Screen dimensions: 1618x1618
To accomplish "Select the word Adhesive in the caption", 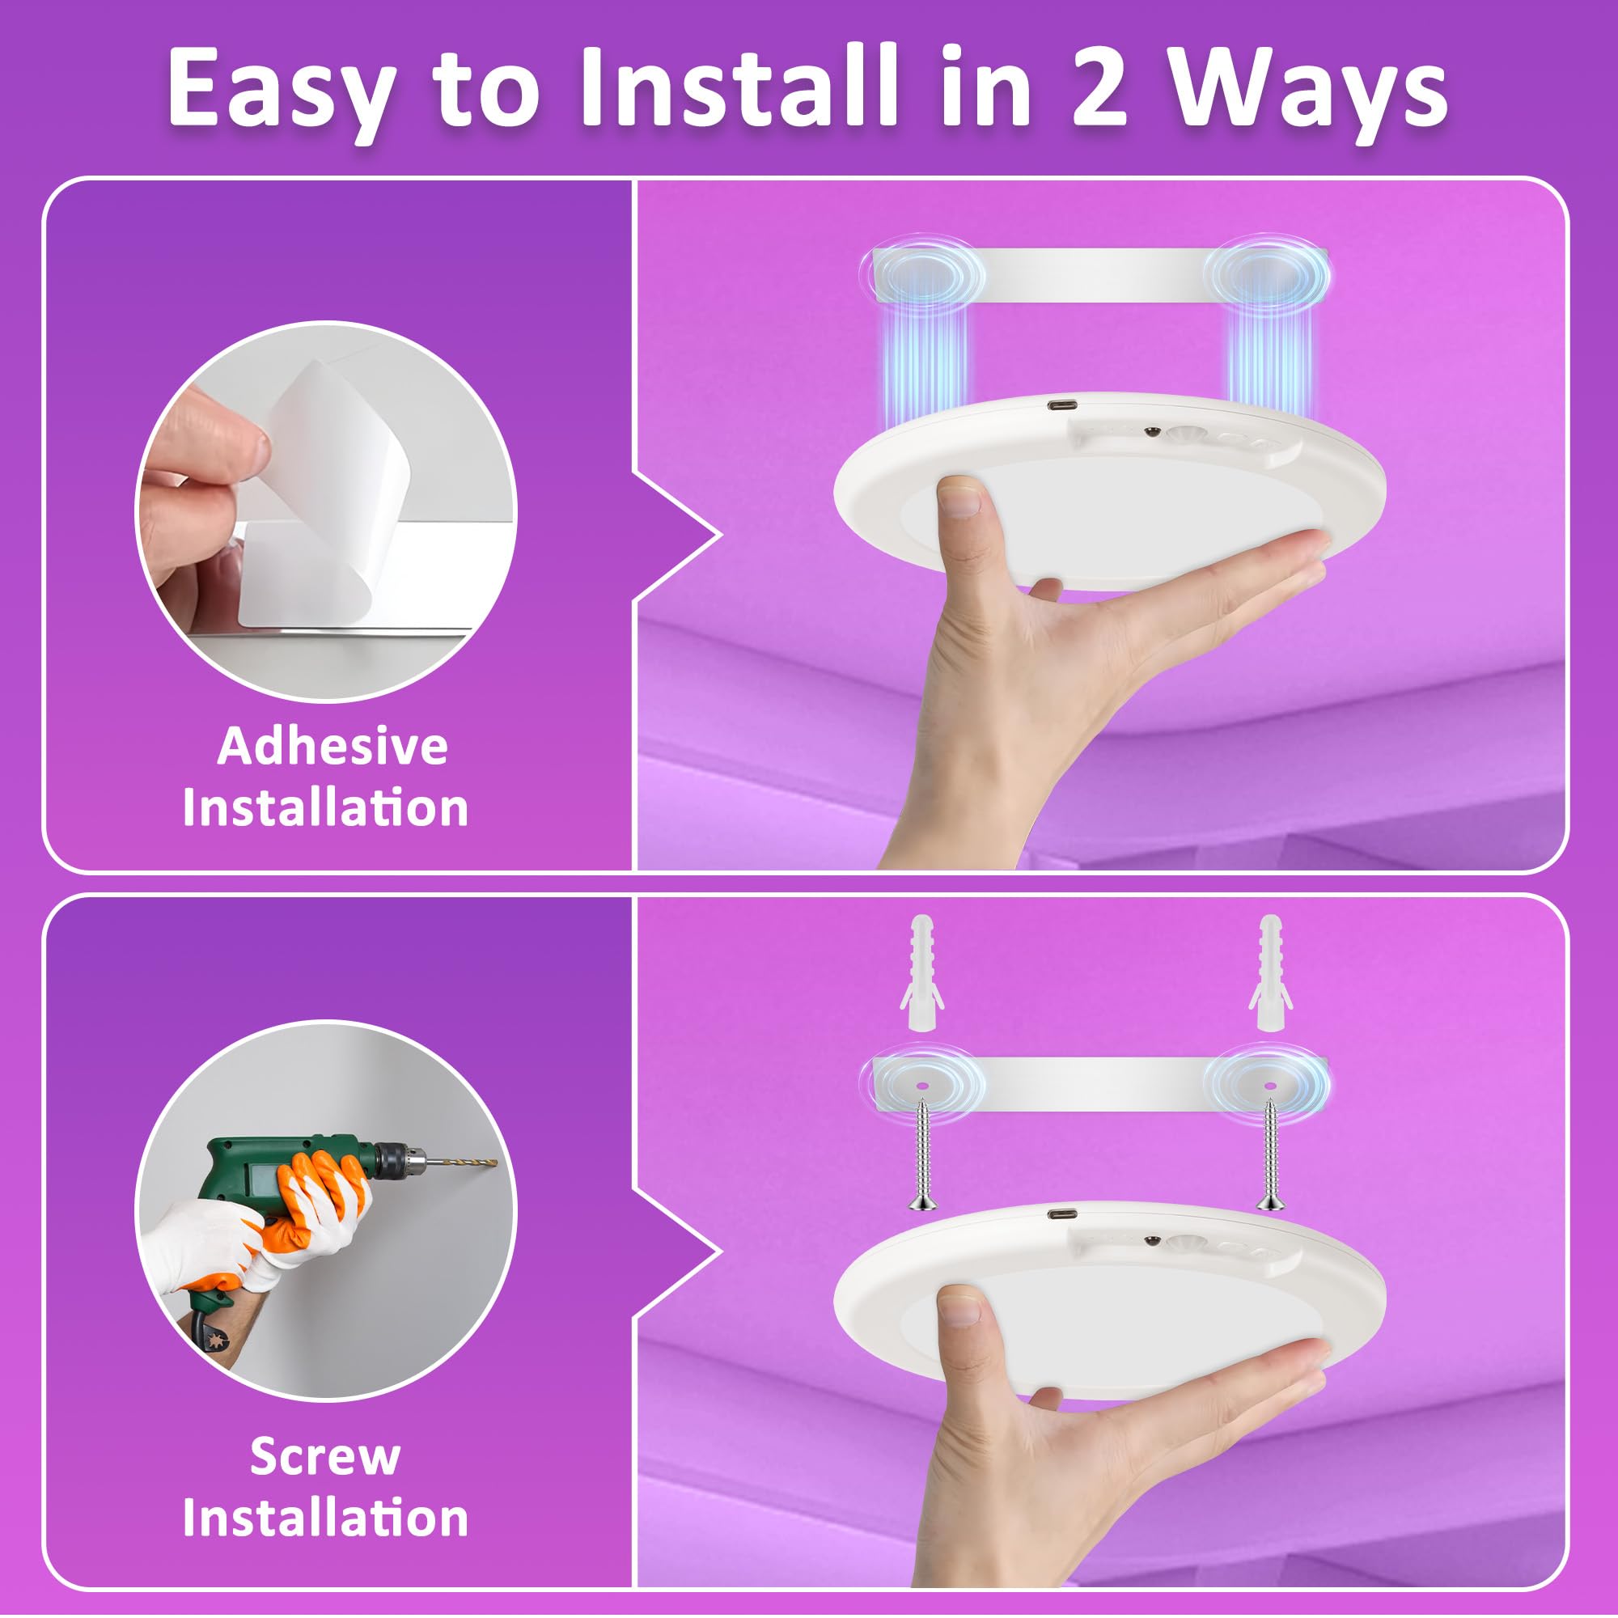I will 332,745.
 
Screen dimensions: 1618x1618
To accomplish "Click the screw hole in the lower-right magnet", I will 1270,1086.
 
